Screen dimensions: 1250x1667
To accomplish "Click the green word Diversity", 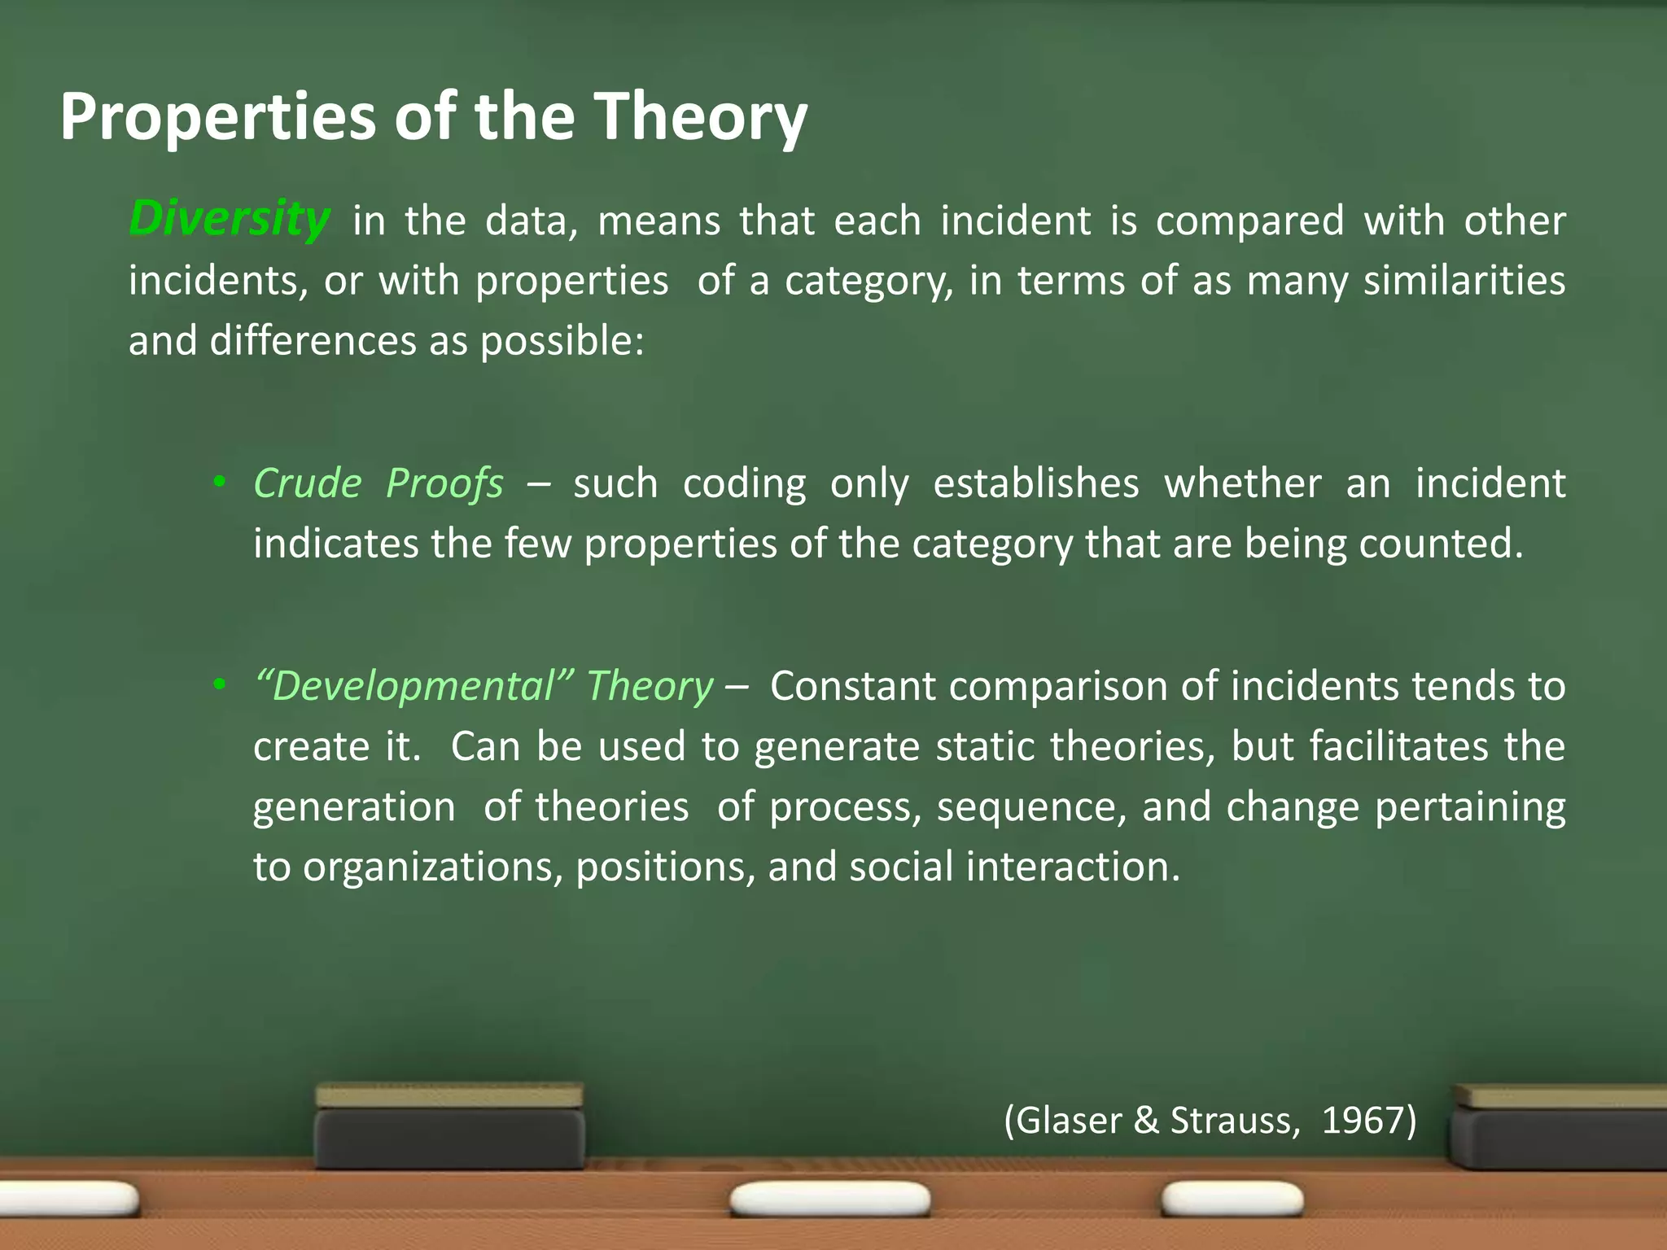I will (230, 220).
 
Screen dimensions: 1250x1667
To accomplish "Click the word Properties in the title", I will (218, 118).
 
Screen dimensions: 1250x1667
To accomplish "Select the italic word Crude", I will (308, 483).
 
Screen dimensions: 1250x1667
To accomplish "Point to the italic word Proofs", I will (444, 485).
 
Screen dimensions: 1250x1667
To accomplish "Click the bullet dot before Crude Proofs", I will (218, 483).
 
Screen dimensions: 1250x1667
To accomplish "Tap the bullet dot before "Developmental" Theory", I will (218, 685).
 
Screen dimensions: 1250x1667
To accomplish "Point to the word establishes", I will (1036, 483).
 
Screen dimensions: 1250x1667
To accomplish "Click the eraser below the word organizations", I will (450, 1127).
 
